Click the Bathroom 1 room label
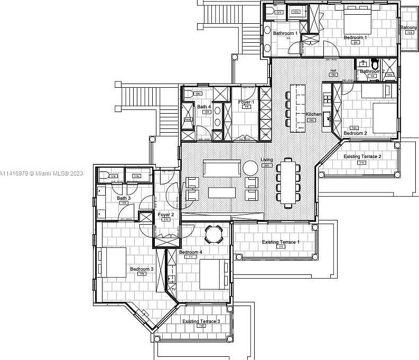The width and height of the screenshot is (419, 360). point(285,33)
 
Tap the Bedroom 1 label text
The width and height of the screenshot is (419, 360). point(355,38)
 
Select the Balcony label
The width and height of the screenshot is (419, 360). point(408,27)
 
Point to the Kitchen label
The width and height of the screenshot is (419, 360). point(313,114)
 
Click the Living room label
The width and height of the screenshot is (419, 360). point(267,160)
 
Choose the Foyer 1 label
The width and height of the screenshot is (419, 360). point(246,102)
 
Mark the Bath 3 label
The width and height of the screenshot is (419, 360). point(124,198)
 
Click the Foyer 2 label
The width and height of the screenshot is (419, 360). point(166,214)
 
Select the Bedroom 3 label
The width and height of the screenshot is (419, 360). point(142,269)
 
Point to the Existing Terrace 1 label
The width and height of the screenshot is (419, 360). point(281,242)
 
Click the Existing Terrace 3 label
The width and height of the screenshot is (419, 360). point(201,321)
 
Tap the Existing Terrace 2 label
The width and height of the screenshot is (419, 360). point(362,156)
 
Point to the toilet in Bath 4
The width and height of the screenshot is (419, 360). point(189,94)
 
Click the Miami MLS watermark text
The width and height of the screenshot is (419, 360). point(42,173)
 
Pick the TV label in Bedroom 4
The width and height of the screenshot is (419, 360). point(173,289)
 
